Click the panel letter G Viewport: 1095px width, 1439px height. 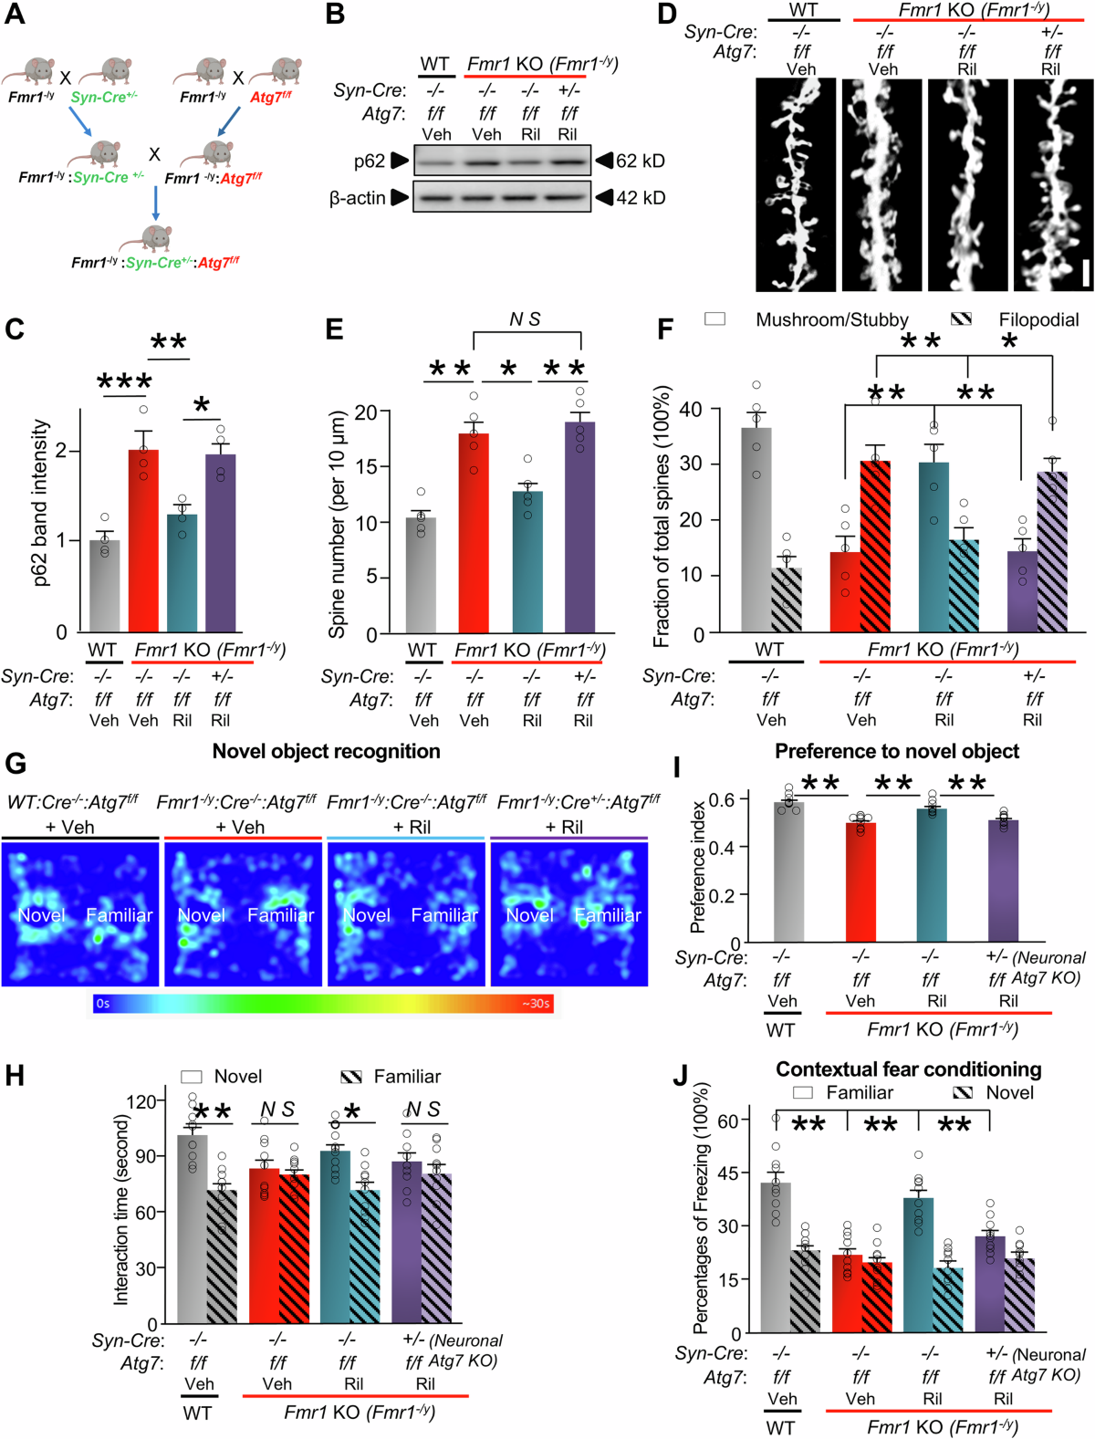click(15, 764)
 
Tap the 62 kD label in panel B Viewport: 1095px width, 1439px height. click(640, 161)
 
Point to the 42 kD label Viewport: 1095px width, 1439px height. click(640, 198)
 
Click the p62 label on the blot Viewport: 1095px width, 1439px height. click(370, 162)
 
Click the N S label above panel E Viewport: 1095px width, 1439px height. click(525, 318)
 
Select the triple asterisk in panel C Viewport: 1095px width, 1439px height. click(124, 382)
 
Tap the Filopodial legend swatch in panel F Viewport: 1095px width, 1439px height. click(961, 318)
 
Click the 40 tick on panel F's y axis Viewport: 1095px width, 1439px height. click(691, 410)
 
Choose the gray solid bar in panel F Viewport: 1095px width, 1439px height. click(756, 529)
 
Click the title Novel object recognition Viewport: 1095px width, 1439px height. click(326, 751)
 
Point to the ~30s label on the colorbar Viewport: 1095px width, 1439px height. click(536, 1004)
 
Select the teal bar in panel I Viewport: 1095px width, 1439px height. click(932, 875)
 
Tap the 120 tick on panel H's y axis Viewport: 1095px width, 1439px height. click(141, 1101)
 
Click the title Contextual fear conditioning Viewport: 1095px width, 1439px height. click(908, 1069)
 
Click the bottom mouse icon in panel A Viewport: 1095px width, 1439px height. click(156, 239)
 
